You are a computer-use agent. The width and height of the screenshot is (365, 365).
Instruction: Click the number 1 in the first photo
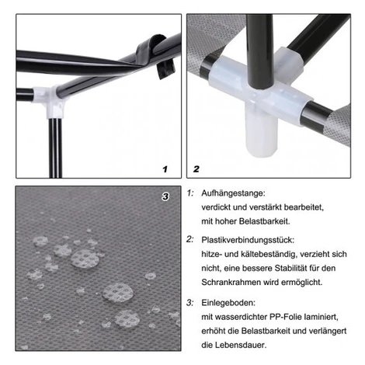[x=165, y=169]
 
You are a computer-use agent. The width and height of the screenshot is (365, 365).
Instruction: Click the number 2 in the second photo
[x=196, y=169]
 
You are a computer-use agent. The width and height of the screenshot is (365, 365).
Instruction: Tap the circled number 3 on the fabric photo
[x=165, y=196]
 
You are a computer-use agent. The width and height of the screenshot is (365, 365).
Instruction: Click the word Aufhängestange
[x=233, y=193]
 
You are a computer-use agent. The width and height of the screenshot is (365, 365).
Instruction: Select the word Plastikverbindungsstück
[x=248, y=240]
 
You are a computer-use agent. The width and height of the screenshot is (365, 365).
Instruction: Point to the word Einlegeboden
[x=228, y=303]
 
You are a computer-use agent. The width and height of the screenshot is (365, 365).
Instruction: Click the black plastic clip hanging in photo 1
[x=165, y=70]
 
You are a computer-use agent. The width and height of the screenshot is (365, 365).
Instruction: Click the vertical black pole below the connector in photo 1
[x=55, y=148]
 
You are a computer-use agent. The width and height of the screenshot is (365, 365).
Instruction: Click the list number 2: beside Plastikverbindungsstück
[x=190, y=239]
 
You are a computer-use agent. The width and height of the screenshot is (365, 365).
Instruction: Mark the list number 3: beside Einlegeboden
[x=190, y=302]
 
